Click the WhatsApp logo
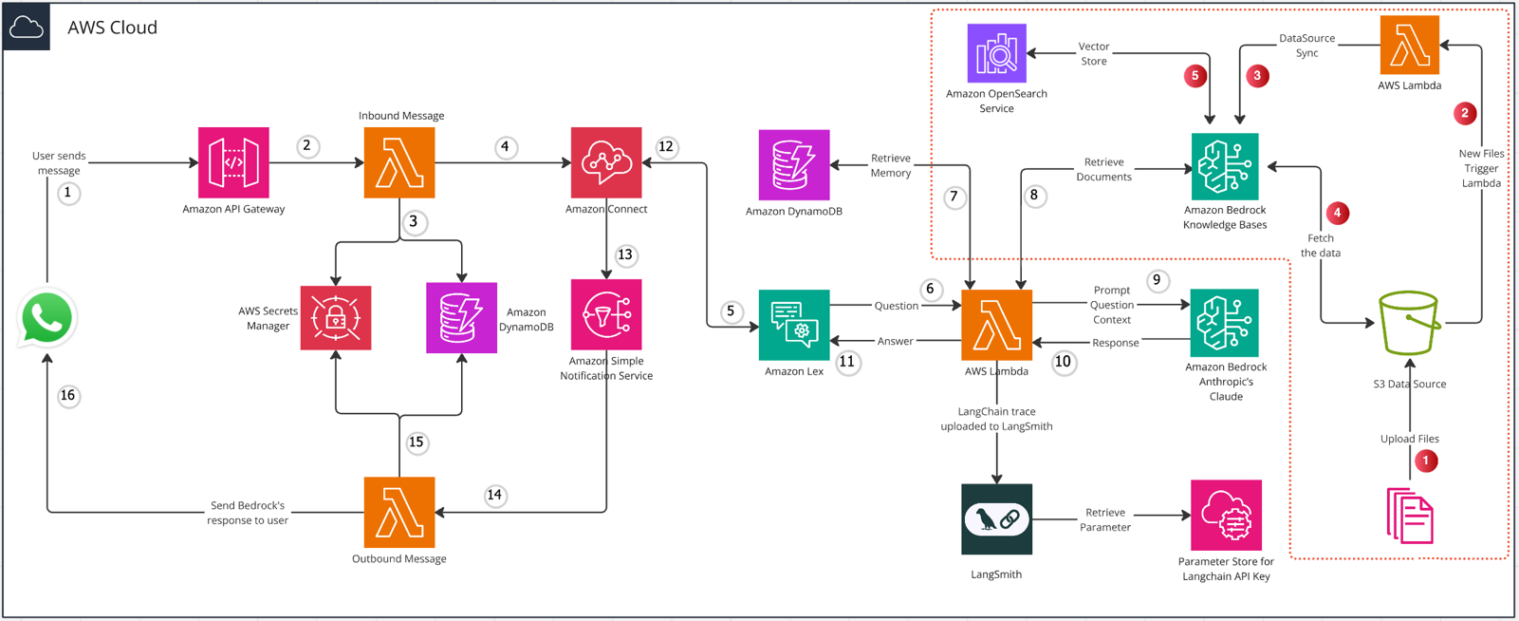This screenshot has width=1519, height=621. tap(46, 318)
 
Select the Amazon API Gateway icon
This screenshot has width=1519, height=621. tap(233, 163)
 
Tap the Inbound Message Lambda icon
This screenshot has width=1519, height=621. tap(399, 163)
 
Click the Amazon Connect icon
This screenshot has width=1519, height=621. tap(606, 163)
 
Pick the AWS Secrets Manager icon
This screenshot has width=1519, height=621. tap(336, 318)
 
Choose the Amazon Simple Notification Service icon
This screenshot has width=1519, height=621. tap(606, 315)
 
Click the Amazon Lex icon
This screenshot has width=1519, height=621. tap(794, 325)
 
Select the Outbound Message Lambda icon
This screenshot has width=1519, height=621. tap(399, 513)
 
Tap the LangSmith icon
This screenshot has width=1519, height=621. tap(997, 519)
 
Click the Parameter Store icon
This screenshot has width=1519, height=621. tap(1226, 515)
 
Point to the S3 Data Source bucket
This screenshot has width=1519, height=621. tap(1410, 323)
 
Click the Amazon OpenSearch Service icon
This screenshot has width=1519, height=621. tap(997, 53)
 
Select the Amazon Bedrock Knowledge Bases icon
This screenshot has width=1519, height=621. tap(1225, 167)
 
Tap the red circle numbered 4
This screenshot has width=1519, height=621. tap(1337, 213)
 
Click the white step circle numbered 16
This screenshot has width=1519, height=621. tap(67, 396)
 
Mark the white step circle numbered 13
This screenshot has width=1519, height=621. tap(625, 255)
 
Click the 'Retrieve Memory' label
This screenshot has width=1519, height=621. tap(891, 165)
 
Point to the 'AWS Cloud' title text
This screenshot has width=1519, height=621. tap(113, 28)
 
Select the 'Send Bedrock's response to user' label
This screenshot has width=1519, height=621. tap(248, 513)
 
